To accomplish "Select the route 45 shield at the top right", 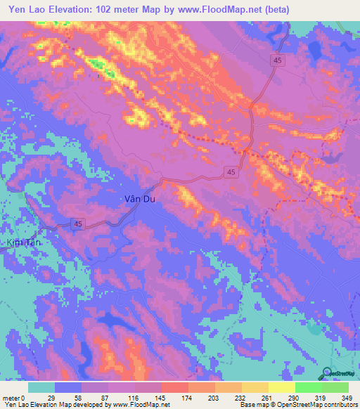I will pos(279,62).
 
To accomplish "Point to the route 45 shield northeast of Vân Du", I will pos(231,171).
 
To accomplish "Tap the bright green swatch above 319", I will pos(308,387).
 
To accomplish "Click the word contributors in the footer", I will pos(339,405).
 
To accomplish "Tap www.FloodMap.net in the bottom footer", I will pos(140,405).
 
